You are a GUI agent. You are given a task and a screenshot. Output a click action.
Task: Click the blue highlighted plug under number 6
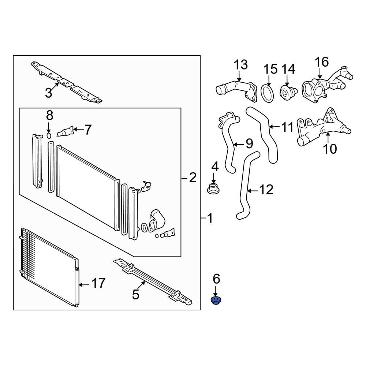click(216, 301)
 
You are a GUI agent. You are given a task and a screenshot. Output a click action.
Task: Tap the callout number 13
click(241, 65)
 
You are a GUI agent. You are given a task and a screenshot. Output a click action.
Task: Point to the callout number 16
click(322, 62)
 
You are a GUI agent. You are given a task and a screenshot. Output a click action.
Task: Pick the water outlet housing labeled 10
click(322, 130)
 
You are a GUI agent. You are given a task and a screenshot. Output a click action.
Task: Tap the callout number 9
click(249, 143)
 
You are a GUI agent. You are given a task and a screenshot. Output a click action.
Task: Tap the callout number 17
click(98, 283)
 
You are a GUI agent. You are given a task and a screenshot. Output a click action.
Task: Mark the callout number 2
click(193, 178)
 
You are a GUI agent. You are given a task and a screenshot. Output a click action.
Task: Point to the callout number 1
click(209, 219)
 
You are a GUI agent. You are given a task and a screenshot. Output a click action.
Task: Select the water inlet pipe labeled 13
click(234, 88)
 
